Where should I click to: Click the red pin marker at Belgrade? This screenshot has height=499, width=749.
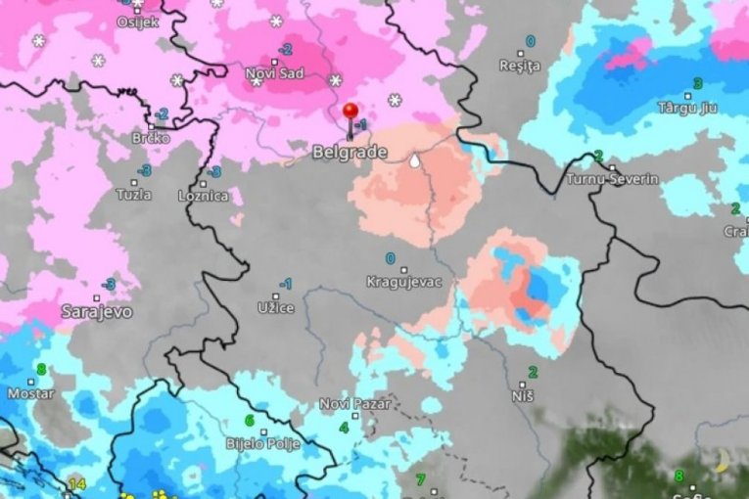(x=351, y=111)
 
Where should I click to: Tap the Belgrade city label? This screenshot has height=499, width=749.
(x=350, y=153)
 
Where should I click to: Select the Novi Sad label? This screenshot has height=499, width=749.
(x=274, y=73)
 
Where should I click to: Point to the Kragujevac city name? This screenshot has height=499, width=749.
(x=404, y=282)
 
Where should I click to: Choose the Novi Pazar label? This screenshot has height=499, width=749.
(x=354, y=403)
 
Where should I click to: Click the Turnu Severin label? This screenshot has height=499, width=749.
(x=612, y=179)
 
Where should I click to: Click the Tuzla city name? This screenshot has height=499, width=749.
(x=133, y=194)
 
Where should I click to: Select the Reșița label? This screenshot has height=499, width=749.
(x=519, y=66)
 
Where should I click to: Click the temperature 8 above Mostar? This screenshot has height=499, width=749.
(x=41, y=369)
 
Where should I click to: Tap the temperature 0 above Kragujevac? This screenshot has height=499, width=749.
(x=391, y=258)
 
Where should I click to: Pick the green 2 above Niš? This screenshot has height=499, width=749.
(x=533, y=372)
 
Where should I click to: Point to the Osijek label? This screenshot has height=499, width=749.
(x=137, y=22)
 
